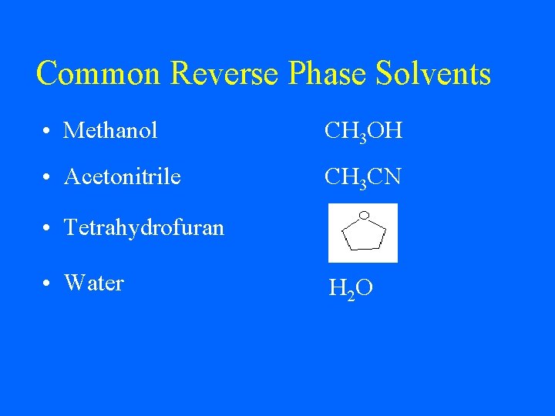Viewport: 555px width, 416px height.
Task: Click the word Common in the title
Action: (99, 74)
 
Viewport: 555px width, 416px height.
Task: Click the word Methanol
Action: (110, 131)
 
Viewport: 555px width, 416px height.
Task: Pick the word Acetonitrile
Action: (123, 177)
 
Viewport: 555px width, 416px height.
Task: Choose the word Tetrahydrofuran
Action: (144, 227)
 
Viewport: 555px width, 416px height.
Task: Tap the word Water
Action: (94, 283)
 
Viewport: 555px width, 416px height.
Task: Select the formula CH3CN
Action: (363, 178)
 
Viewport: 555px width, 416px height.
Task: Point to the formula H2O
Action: (351, 289)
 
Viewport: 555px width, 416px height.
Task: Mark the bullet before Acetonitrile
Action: (49, 178)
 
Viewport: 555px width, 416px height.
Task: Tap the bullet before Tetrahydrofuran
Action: (49, 228)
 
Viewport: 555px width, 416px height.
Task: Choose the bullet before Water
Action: (49, 283)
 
